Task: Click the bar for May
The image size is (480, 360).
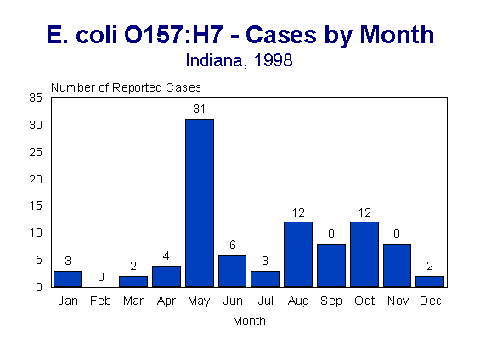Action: [200, 203]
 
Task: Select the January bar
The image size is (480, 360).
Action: [67, 278]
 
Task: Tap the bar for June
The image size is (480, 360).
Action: [232, 271]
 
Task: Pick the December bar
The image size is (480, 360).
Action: [431, 281]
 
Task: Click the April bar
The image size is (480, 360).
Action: [167, 276]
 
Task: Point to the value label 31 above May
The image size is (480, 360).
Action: [200, 110]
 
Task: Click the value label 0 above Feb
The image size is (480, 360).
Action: [100, 278]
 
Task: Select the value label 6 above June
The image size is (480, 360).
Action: [232, 245]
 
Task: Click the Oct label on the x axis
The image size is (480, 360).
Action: [364, 301]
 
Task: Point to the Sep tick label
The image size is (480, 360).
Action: [331, 301]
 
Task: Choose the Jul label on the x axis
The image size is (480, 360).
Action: [265, 301]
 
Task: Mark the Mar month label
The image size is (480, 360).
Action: [133, 301]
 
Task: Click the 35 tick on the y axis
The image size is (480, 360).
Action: [36, 98]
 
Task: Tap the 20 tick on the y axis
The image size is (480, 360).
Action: [36, 179]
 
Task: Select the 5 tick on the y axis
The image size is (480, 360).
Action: [39, 260]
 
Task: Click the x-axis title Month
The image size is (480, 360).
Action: [249, 321]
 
